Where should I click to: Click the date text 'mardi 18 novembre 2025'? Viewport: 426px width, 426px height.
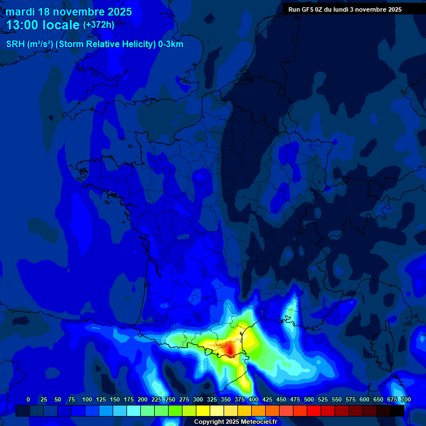[x=69, y=12]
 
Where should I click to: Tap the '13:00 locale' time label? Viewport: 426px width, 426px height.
[x=43, y=25]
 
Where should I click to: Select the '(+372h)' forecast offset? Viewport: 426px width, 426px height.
[x=99, y=25]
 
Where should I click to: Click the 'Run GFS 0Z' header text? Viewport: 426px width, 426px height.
[x=308, y=9]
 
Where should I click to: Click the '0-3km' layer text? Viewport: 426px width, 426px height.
[x=171, y=44]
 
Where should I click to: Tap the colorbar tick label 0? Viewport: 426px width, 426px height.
[x=28, y=399]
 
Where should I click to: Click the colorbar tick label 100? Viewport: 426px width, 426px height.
[x=87, y=399]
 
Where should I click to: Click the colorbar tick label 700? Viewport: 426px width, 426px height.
[x=405, y=399]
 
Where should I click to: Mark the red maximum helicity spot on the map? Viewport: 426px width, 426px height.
[x=229, y=349]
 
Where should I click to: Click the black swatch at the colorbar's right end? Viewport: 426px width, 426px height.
[x=397, y=410]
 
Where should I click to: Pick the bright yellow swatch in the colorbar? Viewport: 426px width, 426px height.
[x=203, y=410]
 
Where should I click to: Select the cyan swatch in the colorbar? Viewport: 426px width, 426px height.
[x=134, y=410]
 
